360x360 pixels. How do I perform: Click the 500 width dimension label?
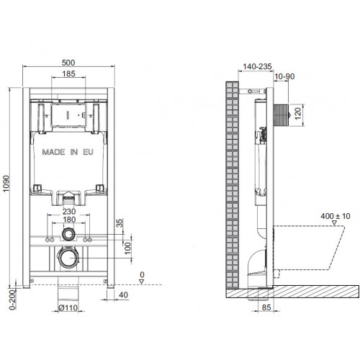pos(68,63)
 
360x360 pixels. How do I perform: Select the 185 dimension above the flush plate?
pos(68,73)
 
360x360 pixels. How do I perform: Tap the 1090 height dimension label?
pos(6,184)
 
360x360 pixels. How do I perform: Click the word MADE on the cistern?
pos(53,152)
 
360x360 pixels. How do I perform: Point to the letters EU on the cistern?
pos(88,152)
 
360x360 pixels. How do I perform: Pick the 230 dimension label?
pos(69,212)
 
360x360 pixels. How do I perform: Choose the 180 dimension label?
pos(69,220)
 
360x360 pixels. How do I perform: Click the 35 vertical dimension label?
pos(120,223)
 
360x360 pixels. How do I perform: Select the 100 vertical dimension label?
pos(128,248)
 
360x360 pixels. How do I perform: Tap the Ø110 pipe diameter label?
pos(68,307)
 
